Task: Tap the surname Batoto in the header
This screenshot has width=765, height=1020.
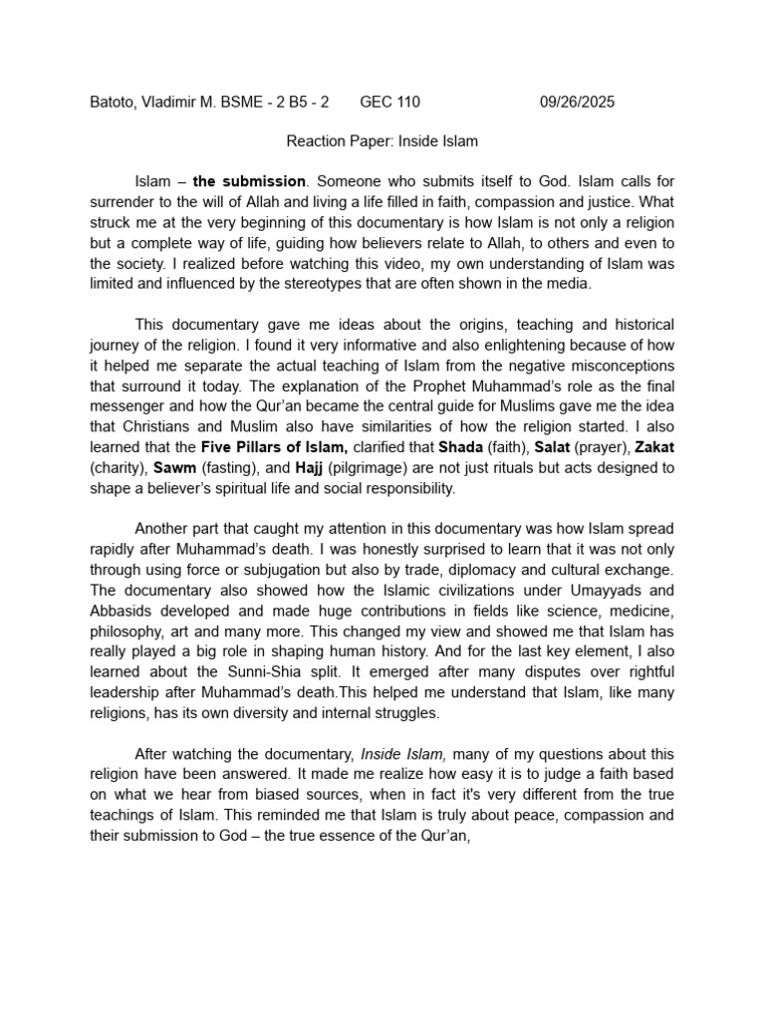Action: [x=113, y=102]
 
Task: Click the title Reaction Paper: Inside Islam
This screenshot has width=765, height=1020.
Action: [x=382, y=141]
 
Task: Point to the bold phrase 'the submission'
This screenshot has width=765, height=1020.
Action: [x=249, y=181]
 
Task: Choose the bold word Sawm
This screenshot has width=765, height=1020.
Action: [x=174, y=466]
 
